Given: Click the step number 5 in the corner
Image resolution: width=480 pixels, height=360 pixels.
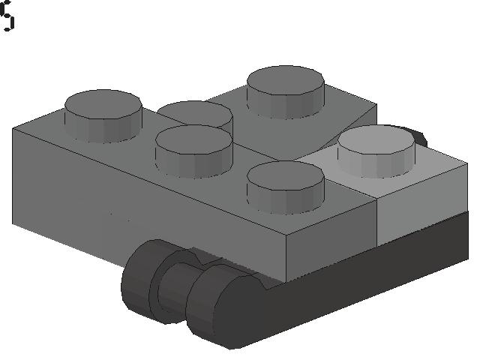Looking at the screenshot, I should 7,16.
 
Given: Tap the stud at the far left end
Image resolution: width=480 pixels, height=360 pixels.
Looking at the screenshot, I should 103,115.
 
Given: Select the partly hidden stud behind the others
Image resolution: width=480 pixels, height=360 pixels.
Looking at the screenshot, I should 196,112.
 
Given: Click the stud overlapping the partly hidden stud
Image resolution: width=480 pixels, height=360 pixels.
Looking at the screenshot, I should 193,150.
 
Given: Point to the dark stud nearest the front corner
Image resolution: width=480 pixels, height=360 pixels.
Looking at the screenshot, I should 286,185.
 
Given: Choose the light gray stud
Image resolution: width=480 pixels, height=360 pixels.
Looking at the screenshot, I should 376,150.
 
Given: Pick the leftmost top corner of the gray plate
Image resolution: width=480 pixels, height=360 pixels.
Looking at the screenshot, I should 13,129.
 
